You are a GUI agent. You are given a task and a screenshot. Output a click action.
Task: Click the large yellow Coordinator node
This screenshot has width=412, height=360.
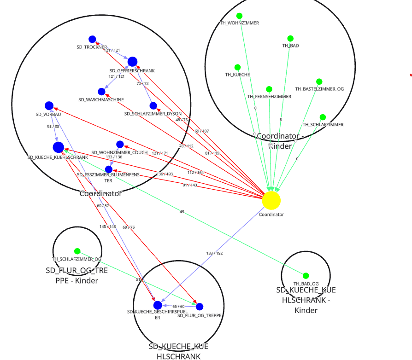coord(271,200)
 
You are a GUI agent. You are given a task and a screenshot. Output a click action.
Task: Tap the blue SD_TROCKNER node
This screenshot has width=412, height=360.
coord(92,40)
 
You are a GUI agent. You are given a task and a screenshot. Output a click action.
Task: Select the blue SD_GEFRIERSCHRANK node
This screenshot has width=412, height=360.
coord(132,62)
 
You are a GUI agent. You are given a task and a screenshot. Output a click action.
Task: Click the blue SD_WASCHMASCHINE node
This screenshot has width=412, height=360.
coord(101,92)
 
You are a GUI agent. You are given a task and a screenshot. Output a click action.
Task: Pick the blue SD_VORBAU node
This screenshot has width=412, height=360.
coord(49,106)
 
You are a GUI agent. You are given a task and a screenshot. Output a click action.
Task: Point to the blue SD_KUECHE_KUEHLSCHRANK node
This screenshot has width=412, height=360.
coord(59,147)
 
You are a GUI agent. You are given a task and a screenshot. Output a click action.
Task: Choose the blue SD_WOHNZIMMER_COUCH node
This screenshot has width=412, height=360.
coord(120,145)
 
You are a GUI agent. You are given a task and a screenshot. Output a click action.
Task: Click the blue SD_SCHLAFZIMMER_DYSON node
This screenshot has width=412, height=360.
coord(153,106)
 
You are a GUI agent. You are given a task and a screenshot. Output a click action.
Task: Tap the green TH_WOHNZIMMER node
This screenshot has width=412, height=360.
coord(239,16)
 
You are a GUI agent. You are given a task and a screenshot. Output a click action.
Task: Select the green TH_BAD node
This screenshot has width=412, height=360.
coord(290,39)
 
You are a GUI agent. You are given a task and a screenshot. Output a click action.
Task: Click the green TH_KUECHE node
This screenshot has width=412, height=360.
coord(237,67)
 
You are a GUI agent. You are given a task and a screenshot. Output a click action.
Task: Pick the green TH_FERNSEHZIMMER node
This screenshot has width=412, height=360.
coord(269,89)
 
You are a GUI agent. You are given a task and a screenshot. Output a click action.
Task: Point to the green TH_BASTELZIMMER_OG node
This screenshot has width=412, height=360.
coord(319,81)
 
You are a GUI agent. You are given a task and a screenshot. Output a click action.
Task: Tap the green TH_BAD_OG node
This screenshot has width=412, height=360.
coord(306,276)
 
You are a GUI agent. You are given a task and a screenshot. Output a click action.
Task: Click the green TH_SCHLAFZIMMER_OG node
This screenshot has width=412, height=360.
coord(77,251)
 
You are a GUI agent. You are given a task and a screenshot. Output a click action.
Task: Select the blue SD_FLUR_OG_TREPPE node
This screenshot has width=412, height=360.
coord(200,307)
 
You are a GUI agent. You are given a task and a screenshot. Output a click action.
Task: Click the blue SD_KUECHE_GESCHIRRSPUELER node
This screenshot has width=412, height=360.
coord(158,305)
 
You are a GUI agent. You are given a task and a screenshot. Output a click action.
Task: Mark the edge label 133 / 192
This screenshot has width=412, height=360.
coord(214,253)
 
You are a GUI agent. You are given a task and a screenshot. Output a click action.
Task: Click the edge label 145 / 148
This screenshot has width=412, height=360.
coord(107,226)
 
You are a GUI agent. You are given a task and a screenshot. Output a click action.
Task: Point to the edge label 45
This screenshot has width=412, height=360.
coord(182,212)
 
